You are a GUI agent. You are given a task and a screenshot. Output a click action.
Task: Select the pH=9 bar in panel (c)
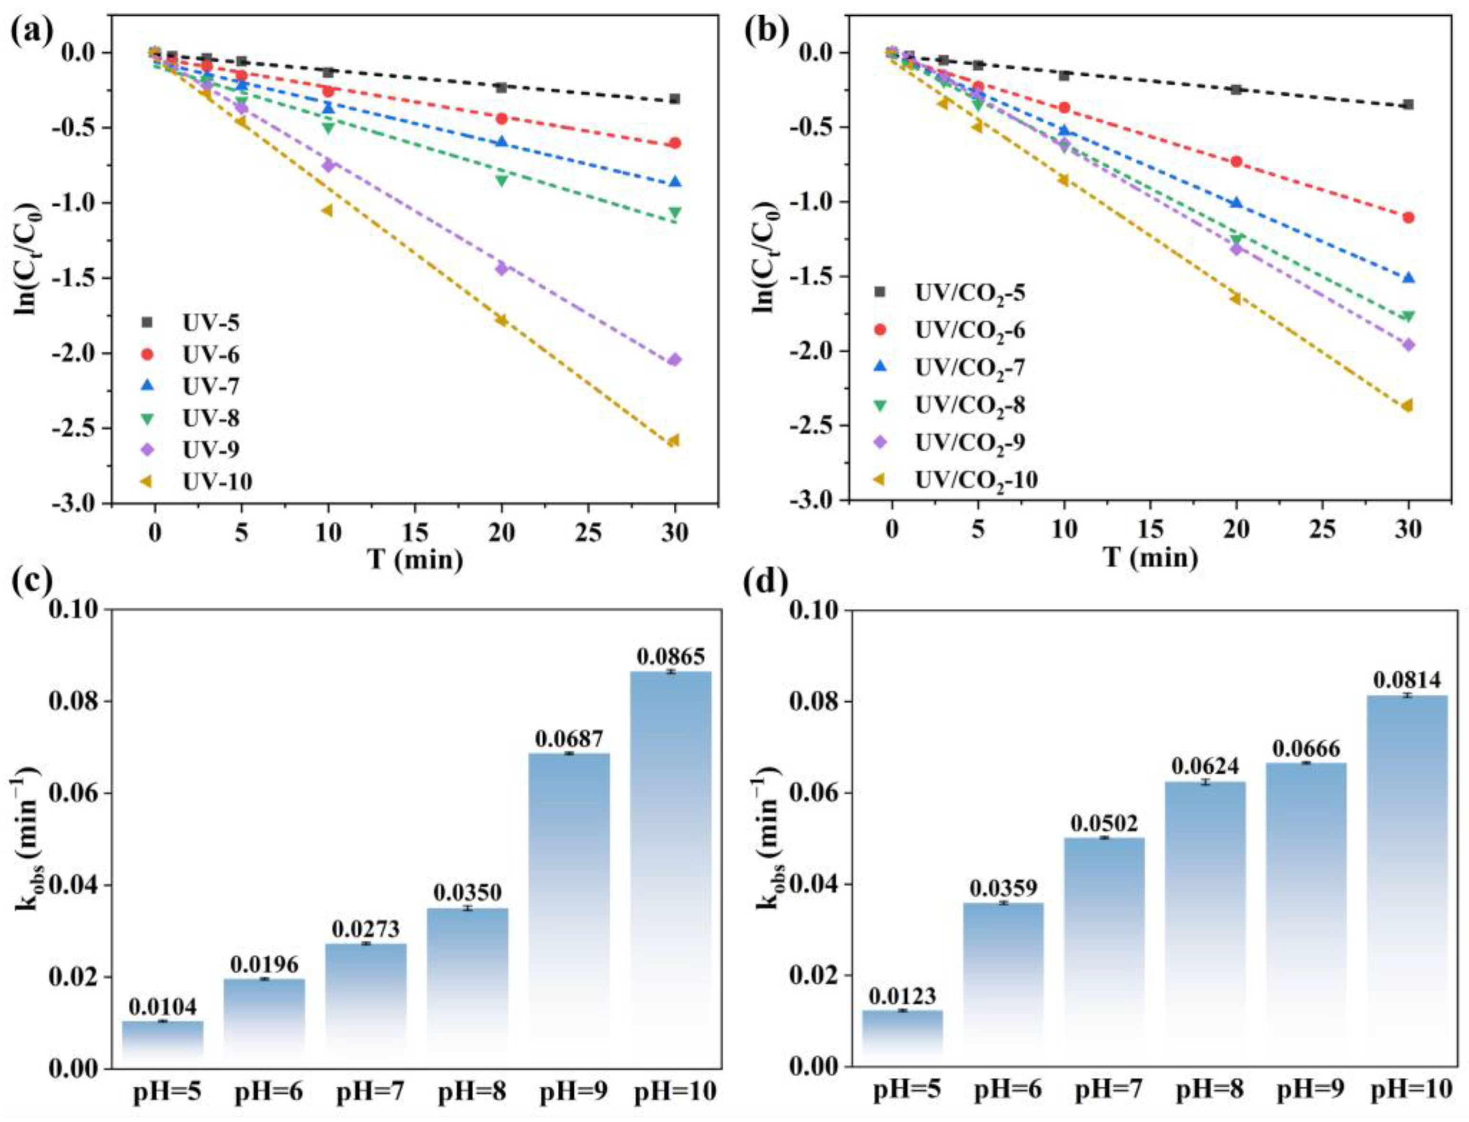(568, 908)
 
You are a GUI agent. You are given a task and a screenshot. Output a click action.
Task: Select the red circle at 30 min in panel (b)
(1408, 217)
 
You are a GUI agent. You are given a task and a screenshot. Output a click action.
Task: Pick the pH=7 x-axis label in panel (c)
(366, 1092)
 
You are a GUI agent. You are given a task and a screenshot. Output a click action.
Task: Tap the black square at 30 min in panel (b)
(1408, 104)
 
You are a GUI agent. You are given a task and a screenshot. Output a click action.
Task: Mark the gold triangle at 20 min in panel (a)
(501, 320)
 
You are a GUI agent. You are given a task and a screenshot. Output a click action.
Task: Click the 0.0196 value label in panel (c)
(264, 964)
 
